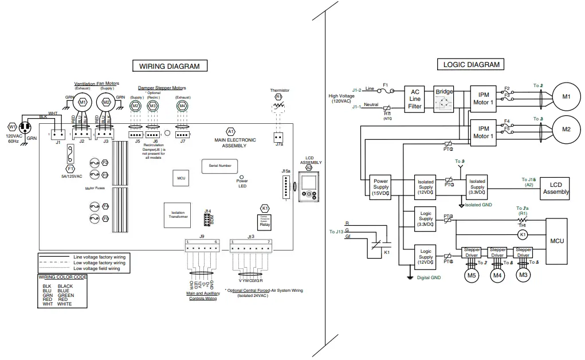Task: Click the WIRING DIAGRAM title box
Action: click(170, 66)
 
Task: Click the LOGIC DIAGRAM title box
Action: click(471, 65)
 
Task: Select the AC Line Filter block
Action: click(415, 99)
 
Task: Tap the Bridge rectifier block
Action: click(444, 99)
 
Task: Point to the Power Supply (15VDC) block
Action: click(380, 187)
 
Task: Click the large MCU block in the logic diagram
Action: click(557, 241)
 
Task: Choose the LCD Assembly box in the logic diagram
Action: click(555, 189)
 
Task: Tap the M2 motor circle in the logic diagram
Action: click(566, 129)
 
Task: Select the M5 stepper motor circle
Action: click(472, 275)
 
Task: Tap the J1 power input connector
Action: click(58, 135)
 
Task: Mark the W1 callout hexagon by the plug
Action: click(11, 127)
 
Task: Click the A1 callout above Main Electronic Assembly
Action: click(230, 131)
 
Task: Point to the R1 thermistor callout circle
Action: click(279, 98)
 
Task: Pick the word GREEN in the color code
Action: click(66, 295)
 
